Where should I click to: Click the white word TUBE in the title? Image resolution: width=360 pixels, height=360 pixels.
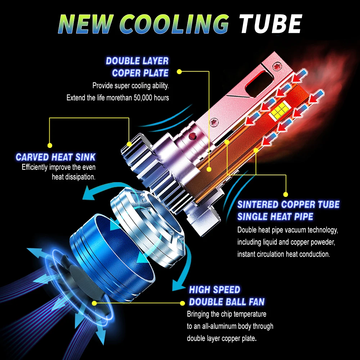tap(270, 24)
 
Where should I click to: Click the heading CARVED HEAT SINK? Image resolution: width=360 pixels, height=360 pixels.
tap(56, 157)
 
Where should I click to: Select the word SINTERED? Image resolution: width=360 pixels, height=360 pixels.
tap(258, 204)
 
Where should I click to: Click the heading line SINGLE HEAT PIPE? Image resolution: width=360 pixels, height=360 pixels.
tap(275, 216)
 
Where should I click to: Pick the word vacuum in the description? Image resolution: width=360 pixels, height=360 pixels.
tap(291, 230)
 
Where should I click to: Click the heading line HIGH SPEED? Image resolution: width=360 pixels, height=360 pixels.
tap(214, 290)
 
